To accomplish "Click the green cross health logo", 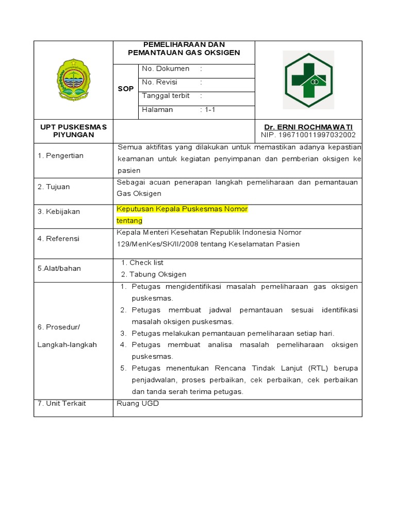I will tap(309, 79).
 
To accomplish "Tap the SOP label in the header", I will tap(126, 89).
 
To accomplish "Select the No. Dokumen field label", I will tap(166, 69).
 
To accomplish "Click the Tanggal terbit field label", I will tap(166, 96).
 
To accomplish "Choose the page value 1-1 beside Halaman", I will tap(209, 110).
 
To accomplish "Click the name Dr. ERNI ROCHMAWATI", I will tap(308, 127).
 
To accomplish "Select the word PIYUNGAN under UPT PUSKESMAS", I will tap(74, 135).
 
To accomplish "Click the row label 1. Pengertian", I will tap(60, 156).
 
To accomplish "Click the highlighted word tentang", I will tap(129, 221).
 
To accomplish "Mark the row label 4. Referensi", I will tap(58, 239).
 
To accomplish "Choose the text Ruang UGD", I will tap(138, 404).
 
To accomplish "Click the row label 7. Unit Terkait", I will tap(62, 404).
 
